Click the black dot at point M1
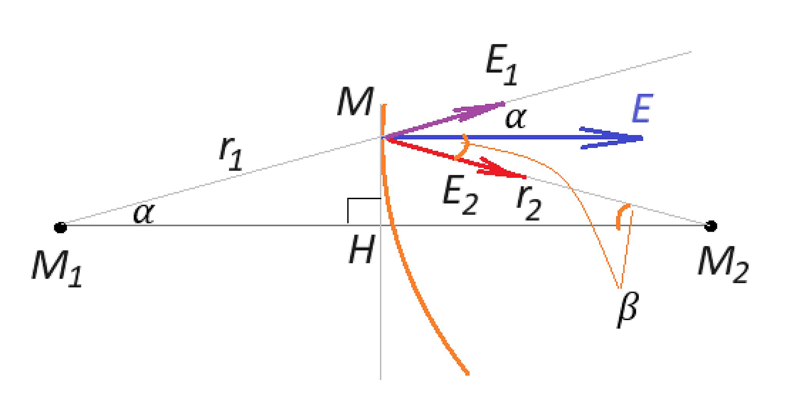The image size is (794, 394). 60,227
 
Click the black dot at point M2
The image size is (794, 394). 710,226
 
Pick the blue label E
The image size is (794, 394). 641,109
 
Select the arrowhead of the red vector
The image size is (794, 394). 503,169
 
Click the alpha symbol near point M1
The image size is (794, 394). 144,214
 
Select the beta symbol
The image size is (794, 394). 626,310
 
